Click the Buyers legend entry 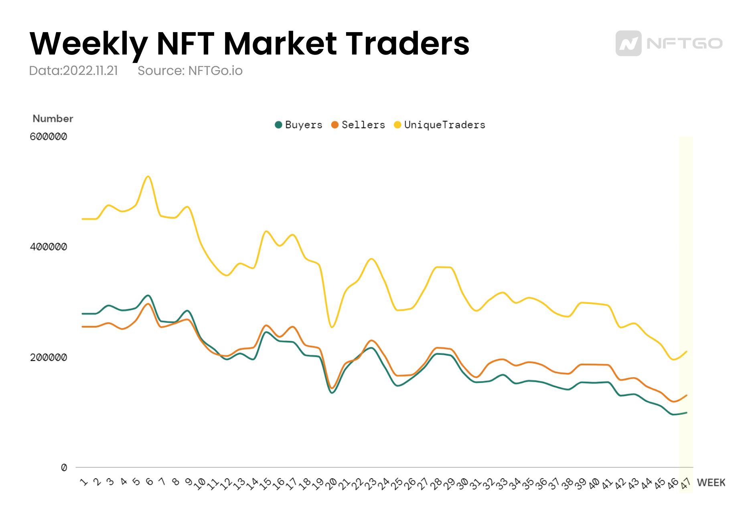[298, 125]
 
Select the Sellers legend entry [358, 125]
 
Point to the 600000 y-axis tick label [49, 137]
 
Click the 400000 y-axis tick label [49, 247]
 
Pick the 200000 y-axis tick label [49, 358]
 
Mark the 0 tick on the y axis [64, 467]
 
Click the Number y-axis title [53, 119]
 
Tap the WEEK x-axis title [711, 483]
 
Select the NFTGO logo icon [628, 43]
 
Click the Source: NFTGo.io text [190, 71]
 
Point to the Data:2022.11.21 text [73, 71]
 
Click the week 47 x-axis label [685, 484]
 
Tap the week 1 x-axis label [84, 482]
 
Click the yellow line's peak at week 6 [148, 176]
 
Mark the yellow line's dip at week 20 [332, 327]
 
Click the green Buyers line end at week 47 [687, 413]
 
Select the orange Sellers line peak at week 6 [148, 304]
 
